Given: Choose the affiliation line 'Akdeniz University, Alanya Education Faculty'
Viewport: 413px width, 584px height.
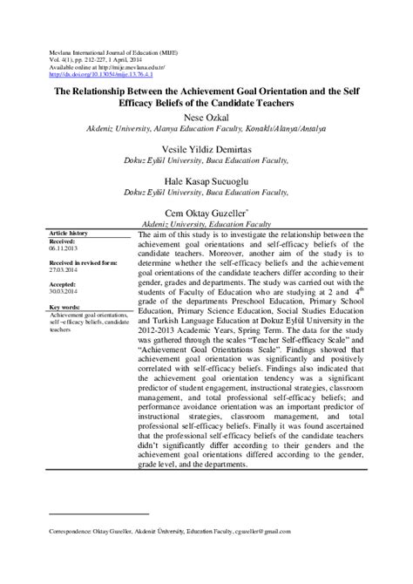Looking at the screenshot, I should (206, 129).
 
